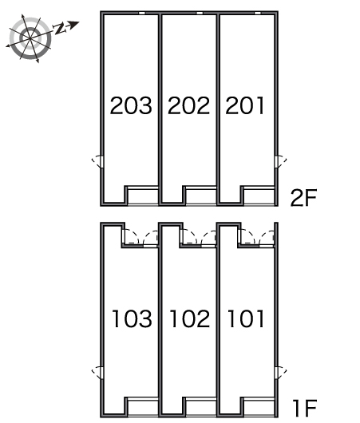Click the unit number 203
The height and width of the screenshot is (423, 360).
point(131,105)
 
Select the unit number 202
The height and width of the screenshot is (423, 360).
point(188,105)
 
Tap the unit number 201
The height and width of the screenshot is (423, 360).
point(245,105)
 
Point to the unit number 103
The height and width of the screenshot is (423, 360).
point(132,318)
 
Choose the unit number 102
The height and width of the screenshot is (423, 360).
point(190,318)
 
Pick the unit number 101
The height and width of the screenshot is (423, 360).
point(246,318)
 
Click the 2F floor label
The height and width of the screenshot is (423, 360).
point(303,198)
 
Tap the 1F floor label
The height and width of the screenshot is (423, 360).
point(305,409)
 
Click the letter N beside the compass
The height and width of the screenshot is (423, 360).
point(60,29)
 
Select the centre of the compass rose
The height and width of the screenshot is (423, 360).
point(30,38)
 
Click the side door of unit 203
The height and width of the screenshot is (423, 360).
point(97,162)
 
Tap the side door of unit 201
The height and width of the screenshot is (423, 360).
point(281,162)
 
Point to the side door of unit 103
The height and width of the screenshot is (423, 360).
point(97,373)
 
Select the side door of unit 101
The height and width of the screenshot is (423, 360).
point(281,373)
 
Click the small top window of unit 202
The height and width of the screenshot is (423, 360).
point(200,13)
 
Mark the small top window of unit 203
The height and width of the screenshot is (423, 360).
point(141,13)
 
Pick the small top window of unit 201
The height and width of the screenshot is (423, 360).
point(258,13)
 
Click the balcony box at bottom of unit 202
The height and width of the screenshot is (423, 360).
point(201,196)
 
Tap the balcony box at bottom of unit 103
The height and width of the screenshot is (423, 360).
point(143,407)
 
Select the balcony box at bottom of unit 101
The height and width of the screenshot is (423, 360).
point(259,407)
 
